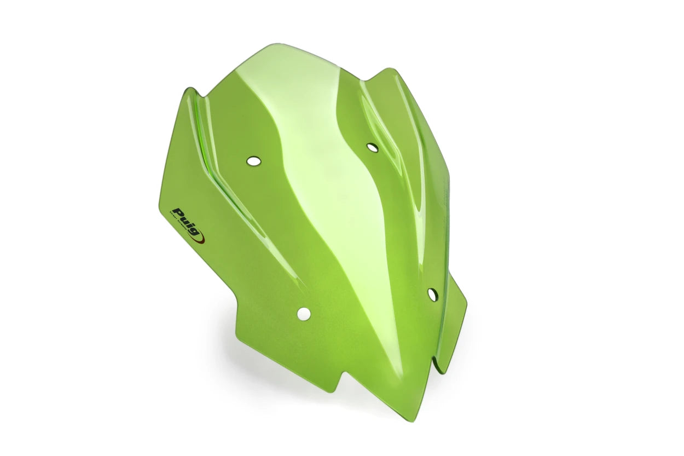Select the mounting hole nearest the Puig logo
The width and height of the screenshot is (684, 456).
253,161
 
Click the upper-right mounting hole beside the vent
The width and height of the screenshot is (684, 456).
372,147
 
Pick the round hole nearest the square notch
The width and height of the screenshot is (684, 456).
303,314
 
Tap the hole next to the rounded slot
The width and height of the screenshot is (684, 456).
432,295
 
